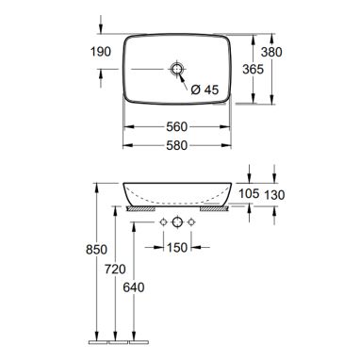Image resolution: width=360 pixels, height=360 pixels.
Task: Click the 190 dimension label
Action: click(x=101, y=52)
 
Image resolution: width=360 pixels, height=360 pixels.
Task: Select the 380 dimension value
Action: click(x=271, y=52)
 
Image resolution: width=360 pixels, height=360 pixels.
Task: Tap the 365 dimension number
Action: click(x=253, y=69)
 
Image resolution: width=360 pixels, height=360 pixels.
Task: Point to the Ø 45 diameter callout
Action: click(x=205, y=90)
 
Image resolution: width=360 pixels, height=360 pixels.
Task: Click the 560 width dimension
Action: click(x=176, y=127)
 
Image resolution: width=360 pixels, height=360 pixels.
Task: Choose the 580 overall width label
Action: click(x=176, y=145)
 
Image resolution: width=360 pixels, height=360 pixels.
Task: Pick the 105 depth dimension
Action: click(x=249, y=193)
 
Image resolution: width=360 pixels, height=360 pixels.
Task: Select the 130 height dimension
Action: click(x=274, y=195)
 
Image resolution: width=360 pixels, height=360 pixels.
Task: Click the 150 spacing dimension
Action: click(x=177, y=248)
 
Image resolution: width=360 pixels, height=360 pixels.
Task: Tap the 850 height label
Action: click(x=97, y=250)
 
